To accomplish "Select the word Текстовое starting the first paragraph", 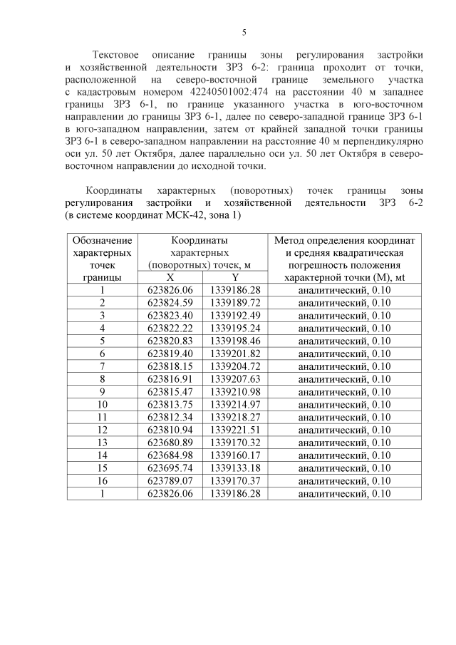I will click(x=117, y=54).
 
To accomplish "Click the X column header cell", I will click(x=170, y=277).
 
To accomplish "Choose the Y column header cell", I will click(x=235, y=277).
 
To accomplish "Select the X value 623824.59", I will click(x=170, y=303).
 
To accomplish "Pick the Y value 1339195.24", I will click(x=235, y=329).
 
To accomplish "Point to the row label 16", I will click(x=103, y=480).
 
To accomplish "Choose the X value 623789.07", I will click(x=170, y=480).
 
